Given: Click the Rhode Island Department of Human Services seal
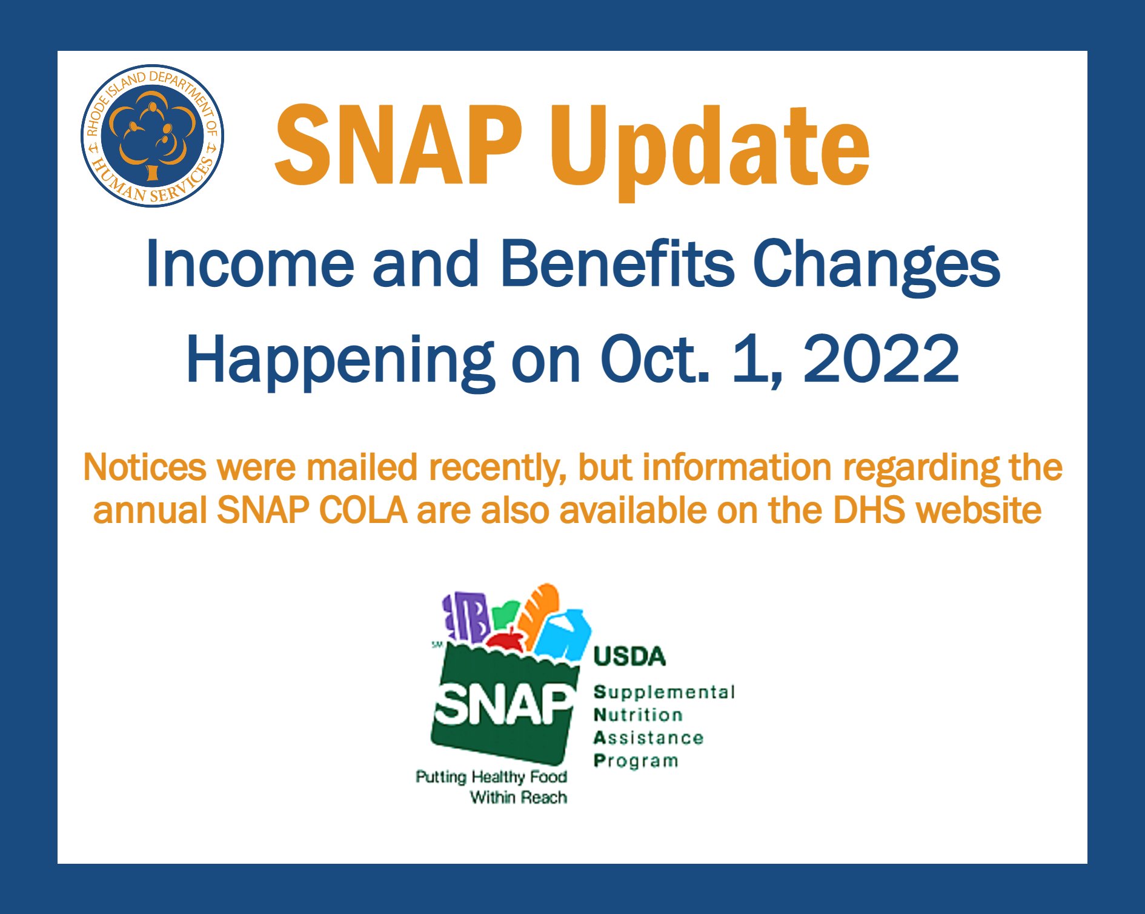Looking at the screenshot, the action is [153, 136].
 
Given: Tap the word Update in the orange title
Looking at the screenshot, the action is [709, 151].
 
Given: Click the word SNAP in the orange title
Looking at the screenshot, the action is [398, 145].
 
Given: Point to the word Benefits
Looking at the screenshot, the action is [617, 263].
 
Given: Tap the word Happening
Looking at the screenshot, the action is [340, 361].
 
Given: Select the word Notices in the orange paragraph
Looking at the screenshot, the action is [145, 468].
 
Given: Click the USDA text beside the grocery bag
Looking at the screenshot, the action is [629, 657].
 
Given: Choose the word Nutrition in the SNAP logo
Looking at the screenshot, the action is [639, 715].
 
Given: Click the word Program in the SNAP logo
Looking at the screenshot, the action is [636, 761].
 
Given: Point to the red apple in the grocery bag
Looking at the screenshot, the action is [506, 640].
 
